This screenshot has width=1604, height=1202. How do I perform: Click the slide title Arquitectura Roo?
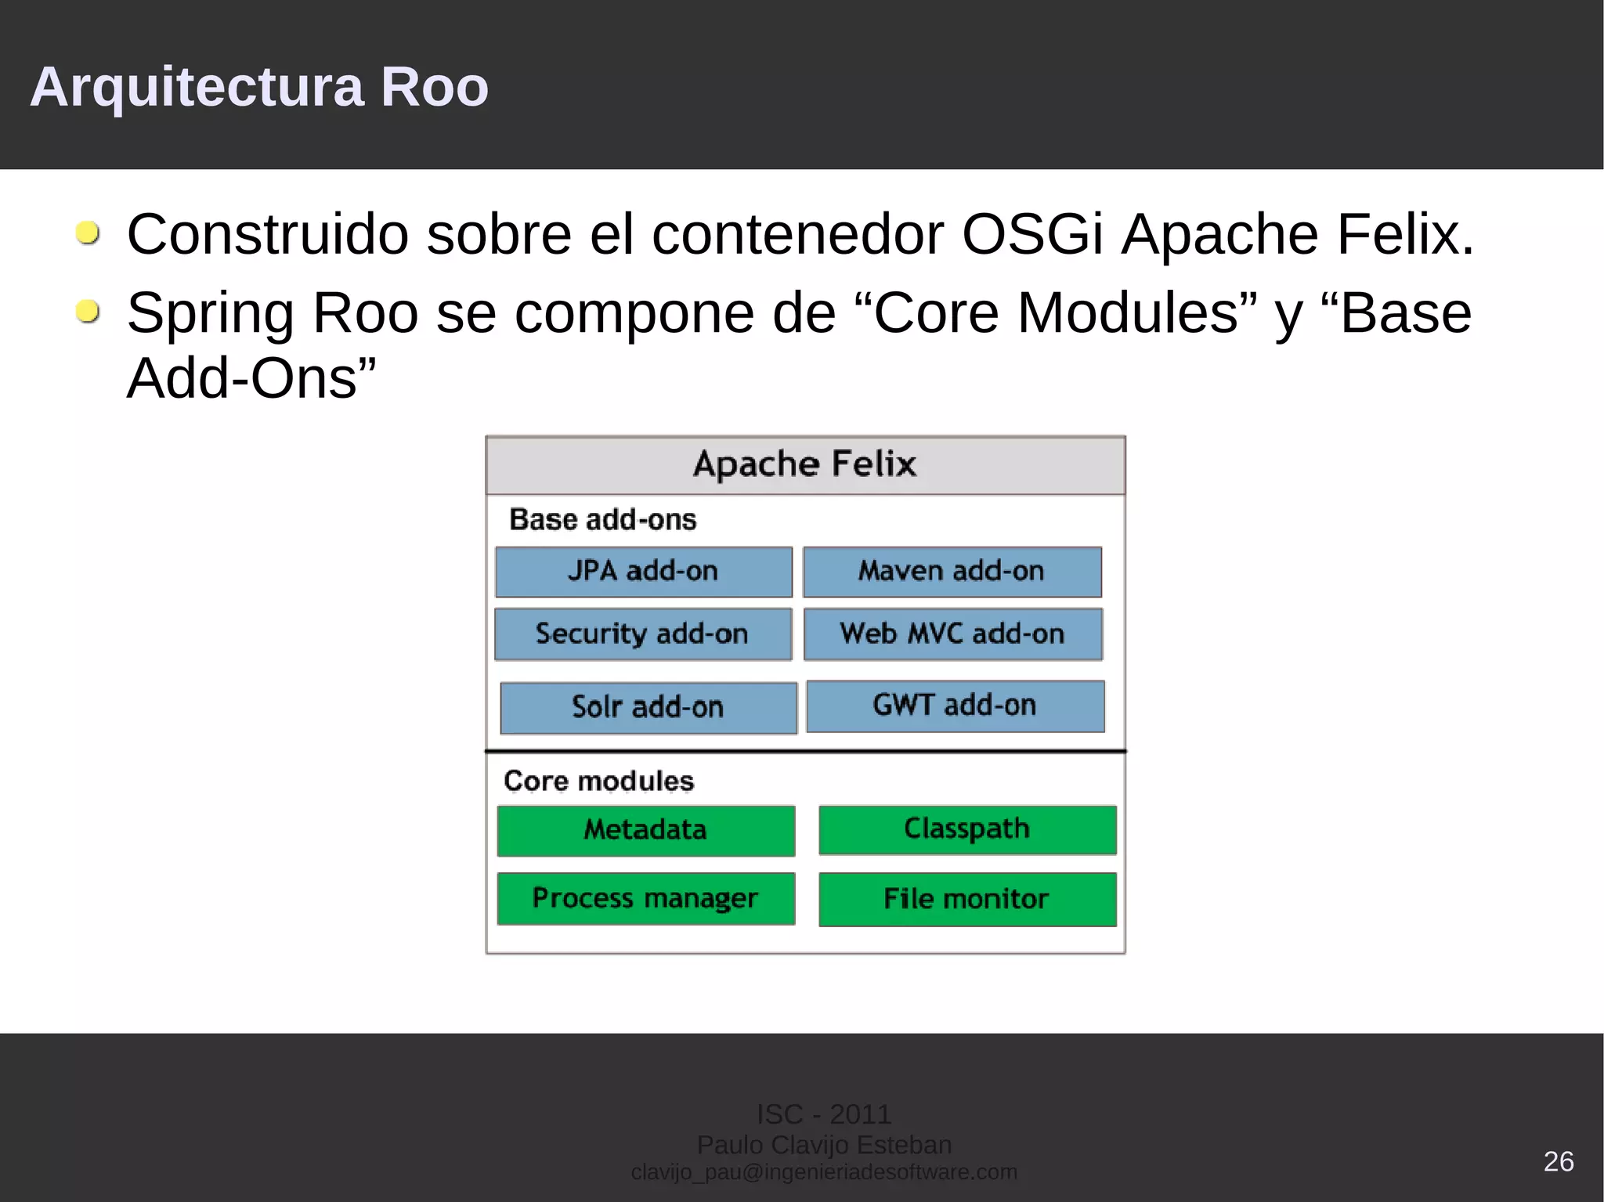[x=259, y=86]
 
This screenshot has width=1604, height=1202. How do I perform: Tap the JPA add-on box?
[x=644, y=572]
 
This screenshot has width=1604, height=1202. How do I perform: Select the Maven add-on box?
[x=952, y=572]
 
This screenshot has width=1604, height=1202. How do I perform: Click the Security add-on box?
[x=643, y=633]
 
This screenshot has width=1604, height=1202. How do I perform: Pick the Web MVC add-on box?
[x=952, y=633]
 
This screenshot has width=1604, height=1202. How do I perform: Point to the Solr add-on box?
[x=648, y=707]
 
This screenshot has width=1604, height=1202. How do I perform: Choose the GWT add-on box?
[x=955, y=706]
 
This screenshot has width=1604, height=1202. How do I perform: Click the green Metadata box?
[x=645, y=830]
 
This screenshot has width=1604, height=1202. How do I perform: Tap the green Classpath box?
[x=967, y=829]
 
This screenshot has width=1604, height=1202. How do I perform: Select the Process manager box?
[x=645, y=898]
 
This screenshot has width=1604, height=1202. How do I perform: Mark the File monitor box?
[x=967, y=899]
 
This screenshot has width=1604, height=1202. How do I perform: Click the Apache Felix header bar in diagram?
[x=805, y=464]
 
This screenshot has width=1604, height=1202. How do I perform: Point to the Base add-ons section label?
[x=602, y=520]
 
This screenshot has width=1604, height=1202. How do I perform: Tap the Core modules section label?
[x=598, y=781]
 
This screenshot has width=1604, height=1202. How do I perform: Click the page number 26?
[x=1558, y=1160]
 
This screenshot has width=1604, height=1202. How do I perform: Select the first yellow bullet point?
[x=88, y=233]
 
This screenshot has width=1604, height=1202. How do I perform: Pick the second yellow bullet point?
[x=88, y=312]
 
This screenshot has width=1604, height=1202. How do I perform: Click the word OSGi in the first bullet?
[x=1032, y=234]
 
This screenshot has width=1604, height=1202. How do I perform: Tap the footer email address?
[x=824, y=1172]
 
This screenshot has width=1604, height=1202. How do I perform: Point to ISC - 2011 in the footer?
[x=824, y=1114]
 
